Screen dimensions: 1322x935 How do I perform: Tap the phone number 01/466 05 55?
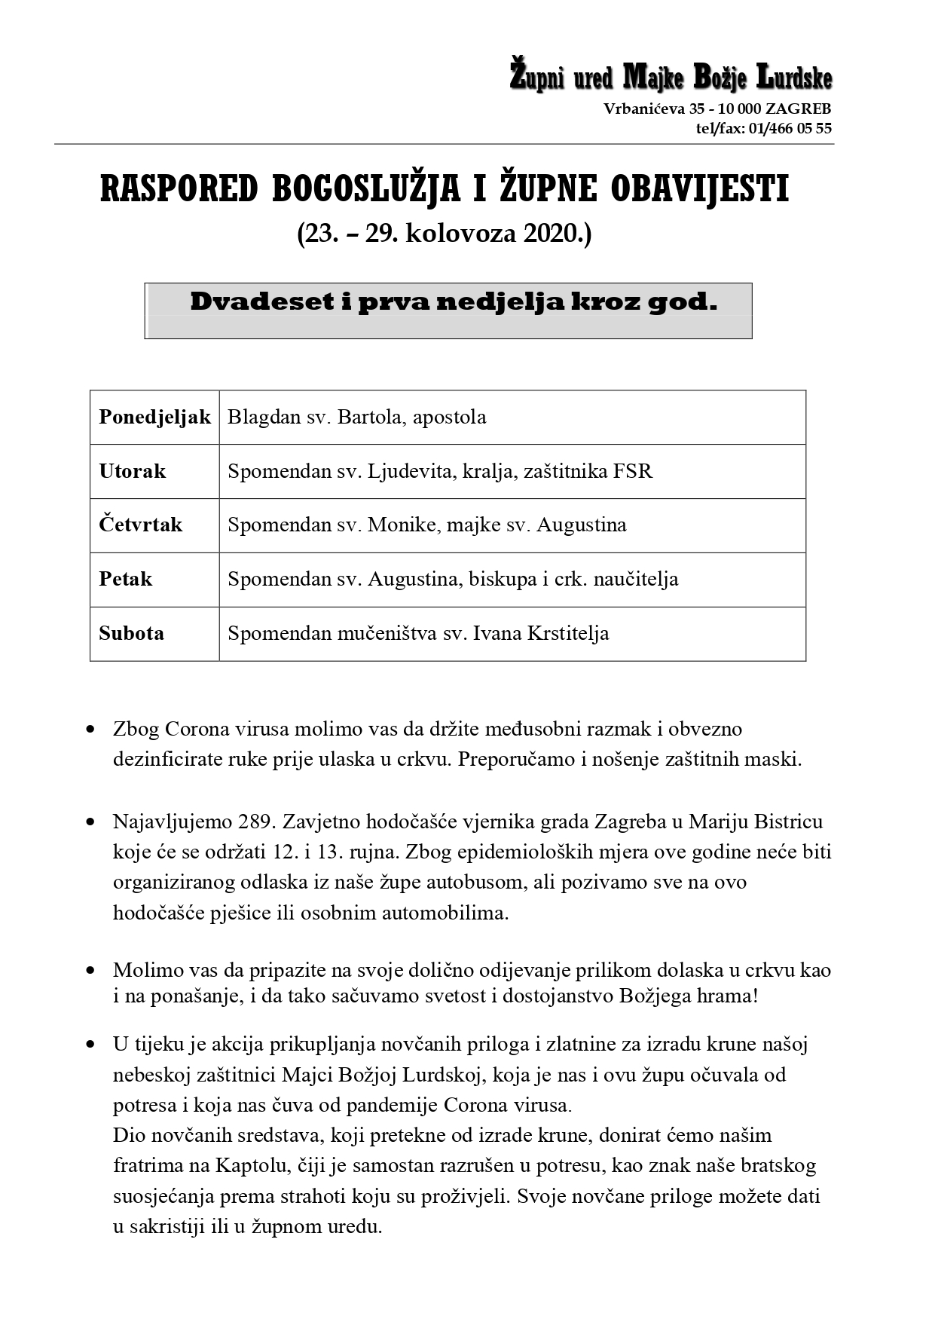tap(790, 128)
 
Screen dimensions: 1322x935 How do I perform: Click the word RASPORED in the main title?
tap(179, 189)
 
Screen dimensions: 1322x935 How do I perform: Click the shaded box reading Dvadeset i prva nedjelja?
tap(448, 310)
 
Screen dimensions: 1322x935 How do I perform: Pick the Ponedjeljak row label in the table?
tap(154, 417)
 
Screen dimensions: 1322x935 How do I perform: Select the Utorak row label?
tap(132, 471)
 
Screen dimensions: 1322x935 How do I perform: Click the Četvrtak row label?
tap(140, 525)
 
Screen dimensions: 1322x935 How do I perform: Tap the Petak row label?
tap(125, 579)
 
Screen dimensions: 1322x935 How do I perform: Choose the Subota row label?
tap(131, 633)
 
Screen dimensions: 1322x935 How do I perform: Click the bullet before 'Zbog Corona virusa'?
tap(90, 730)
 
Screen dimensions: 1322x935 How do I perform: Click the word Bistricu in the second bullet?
tap(788, 822)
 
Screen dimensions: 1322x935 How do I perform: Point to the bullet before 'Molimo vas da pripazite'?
tap(90, 971)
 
